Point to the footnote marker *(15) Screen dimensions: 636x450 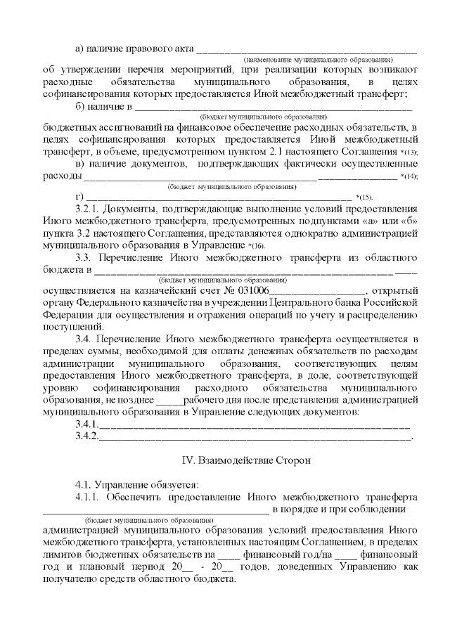pyautogui.click(x=365, y=197)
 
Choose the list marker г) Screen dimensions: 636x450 pyautogui.click(x=79, y=196)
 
